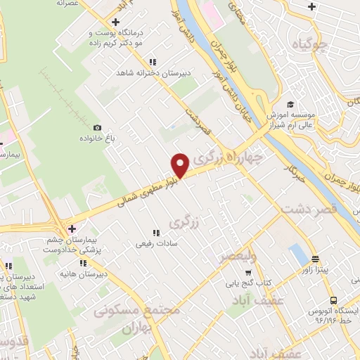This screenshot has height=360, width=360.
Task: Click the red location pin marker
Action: click(x=180, y=165)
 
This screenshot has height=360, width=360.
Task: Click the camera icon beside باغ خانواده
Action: click(x=97, y=127)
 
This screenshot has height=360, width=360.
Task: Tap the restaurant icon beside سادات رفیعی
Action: click(x=155, y=233)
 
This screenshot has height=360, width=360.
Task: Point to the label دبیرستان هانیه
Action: click(x=105, y=274)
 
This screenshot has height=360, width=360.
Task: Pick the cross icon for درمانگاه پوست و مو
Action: click(x=115, y=22)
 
